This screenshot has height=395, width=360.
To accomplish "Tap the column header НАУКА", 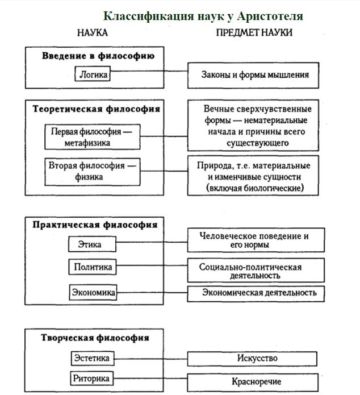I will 93,33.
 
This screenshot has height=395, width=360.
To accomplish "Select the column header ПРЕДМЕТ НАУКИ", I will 254,33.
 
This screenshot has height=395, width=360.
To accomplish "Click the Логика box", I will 93,74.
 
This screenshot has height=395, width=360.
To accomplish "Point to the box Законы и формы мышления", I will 256,74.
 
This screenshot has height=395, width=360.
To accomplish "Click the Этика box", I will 93,245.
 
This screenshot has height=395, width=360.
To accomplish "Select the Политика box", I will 93,267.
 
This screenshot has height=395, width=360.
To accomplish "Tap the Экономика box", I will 93,293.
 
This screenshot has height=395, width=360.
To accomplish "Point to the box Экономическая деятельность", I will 256,293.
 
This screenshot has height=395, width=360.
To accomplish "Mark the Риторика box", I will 93,378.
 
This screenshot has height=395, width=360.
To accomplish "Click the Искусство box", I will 256,359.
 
